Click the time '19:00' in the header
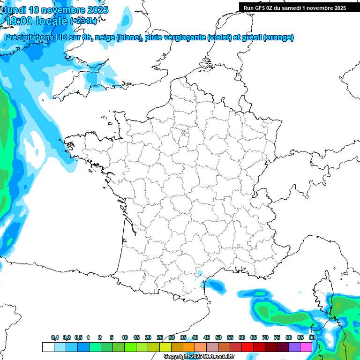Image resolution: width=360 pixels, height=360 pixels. click(19, 21)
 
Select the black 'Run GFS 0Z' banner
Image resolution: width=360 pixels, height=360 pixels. click(294, 7)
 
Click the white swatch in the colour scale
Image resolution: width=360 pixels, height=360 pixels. click(48, 347)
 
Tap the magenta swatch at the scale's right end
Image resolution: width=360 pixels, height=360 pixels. click(306, 347)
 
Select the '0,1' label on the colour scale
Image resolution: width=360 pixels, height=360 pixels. click(55, 338)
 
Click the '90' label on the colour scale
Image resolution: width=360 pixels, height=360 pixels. click(312, 338)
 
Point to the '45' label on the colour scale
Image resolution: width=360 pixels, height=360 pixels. click(207, 338)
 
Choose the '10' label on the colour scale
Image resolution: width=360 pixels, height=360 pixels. click(125, 338)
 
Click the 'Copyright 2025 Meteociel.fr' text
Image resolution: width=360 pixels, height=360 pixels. click(199, 357)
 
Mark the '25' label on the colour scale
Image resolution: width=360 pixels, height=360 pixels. click(160, 338)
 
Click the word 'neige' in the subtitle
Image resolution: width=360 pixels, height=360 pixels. click(105, 37)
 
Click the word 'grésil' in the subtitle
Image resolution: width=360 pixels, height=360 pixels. click(251, 37)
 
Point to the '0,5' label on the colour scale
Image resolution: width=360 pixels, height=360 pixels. click(78, 338)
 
